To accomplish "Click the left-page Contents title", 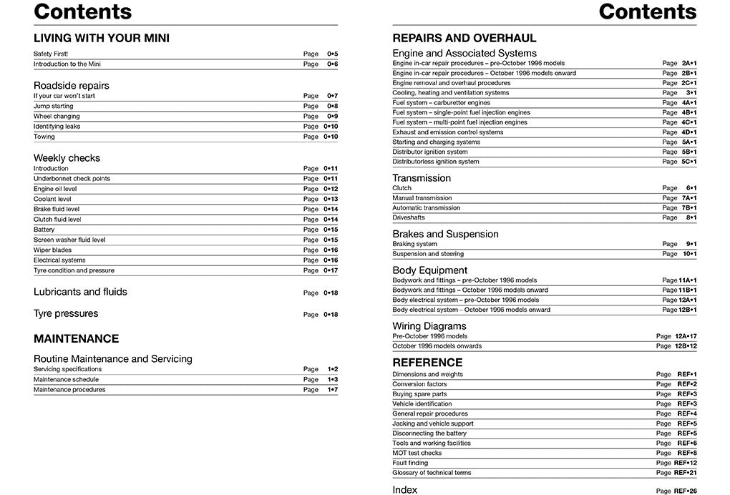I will [x=83, y=11].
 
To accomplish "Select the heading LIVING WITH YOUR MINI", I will [x=102, y=38].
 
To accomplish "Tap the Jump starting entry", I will [x=54, y=106].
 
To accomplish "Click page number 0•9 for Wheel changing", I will [x=332, y=116].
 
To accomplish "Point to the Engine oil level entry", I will [x=55, y=189].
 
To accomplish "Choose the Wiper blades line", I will [x=52, y=250].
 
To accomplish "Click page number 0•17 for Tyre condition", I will [x=330, y=270].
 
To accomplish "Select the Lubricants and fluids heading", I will [x=80, y=292].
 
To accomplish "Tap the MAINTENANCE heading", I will [x=76, y=338].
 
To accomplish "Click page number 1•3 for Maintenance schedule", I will [x=332, y=380].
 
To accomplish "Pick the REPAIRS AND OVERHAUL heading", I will [x=464, y=38].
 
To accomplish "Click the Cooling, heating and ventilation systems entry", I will [x=451, y=93].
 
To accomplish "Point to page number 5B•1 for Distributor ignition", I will [x=688, y=152].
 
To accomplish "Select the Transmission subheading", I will [x=422, y=178].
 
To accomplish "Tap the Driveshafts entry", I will [x=409, y=217].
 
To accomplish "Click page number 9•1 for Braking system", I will [x=691, y=244].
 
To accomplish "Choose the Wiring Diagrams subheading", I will [x=429, y=326].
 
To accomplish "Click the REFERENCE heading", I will [x=427, y=362].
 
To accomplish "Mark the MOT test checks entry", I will [x=417, y=453].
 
